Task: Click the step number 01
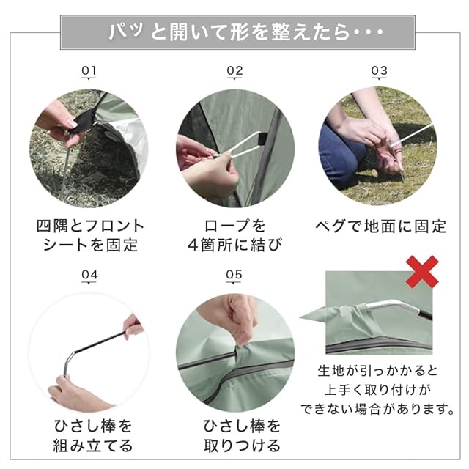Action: (x=89, y=70)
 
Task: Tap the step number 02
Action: (x=234, y=70)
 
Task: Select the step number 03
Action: (x=379, y=70)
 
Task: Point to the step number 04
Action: (x=89, y=275)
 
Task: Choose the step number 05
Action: (x=234, y=275)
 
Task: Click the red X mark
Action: (x=422, y=272)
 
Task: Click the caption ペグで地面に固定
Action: (x=381, y=226)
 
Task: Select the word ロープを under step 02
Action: (x=234, y=226)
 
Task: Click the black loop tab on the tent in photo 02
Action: (x=262, y=139)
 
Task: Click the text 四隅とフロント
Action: (x=90, y=226)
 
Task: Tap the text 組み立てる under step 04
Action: (x=93, y=446)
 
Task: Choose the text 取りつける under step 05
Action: (x=242, y=446)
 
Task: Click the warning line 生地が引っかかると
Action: (x=377, y=371)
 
